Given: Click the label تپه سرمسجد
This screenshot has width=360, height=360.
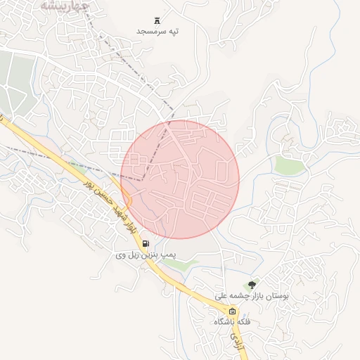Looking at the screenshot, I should click(x=157, y=32).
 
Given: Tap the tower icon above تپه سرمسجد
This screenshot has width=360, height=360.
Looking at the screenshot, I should click(x=157, y=19).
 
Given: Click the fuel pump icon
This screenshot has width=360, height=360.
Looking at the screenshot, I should click(x=146, y=244).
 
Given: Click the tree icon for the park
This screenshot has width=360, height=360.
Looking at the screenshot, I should click(x=252, y=284).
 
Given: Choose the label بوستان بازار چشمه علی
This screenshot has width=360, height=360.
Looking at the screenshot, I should click(x=252, y=297).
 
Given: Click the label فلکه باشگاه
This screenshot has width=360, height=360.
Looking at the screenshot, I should click(x=232, y=321).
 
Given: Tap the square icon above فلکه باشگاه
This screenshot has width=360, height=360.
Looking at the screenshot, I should click(x=232, y=310).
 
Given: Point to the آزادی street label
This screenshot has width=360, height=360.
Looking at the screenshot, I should click(x=235, y=342).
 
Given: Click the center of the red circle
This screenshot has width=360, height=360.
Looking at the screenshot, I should click(x=180, y=179).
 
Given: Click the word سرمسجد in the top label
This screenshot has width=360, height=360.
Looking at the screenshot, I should click(x=148, y=32).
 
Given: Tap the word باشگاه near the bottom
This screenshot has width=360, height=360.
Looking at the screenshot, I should click(x=225, y=321).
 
